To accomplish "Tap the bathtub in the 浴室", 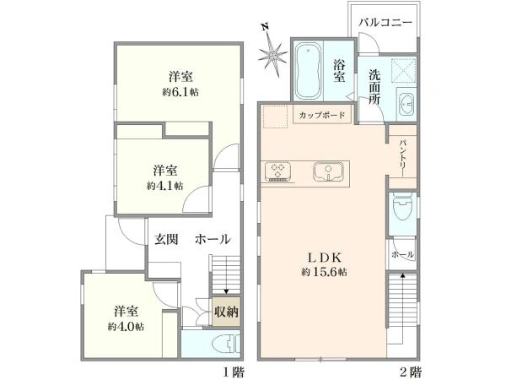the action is tap(308, 71).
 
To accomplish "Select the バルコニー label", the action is tap(385, 23).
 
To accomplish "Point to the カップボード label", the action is tap(322, 115).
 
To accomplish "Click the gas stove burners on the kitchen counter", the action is tap(277, 171).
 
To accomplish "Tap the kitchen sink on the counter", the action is tap(328, 171).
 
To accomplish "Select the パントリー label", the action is tap(403, 158).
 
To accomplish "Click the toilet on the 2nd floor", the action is tap(402, 206).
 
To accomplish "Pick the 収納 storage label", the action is tap(227, 312).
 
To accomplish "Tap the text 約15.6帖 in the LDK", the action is tap(324, 272).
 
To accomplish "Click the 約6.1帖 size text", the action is tap(180, 92).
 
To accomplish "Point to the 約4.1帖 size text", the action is tap(165, 186).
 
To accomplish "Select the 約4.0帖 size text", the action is tap(126, 327).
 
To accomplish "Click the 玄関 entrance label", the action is tap(166, 240).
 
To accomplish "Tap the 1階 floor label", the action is tap(234, 372).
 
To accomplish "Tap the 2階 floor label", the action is tap(411, 372).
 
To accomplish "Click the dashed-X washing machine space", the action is tap(403, 70).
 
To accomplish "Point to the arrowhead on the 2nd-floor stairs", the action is tap(402, 275).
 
